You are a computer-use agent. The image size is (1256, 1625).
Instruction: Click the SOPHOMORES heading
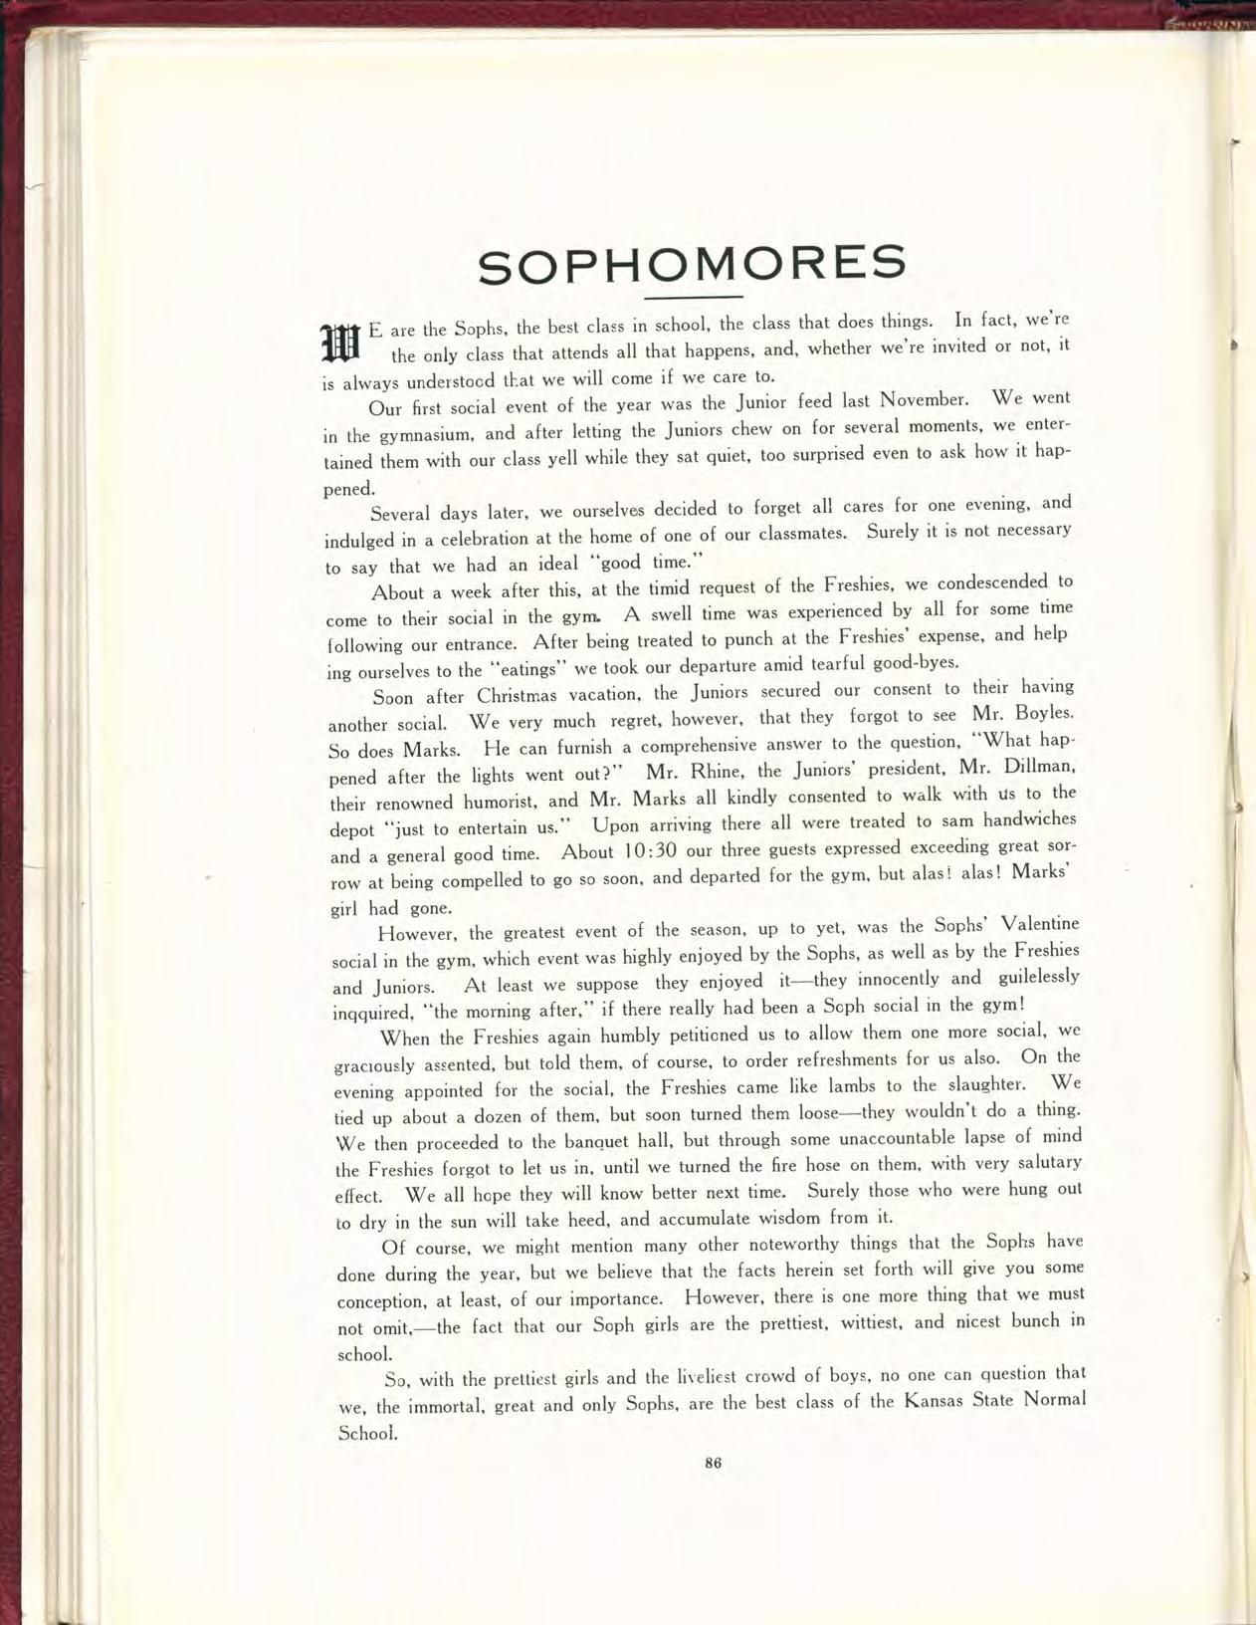click(x=692, y=263)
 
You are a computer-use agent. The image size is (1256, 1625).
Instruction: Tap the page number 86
click(x=712, y=1463)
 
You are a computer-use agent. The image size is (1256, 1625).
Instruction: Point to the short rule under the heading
click(x=694, y=298)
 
